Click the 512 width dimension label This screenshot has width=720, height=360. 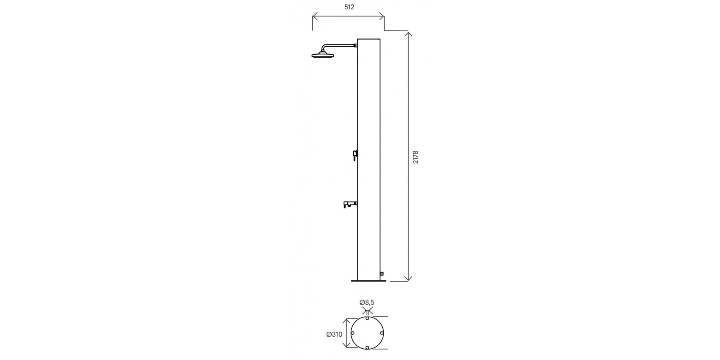point(349,7)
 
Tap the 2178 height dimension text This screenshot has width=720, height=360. point(416,157)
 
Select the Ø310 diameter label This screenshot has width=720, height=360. point(334,334)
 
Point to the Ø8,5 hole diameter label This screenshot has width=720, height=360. point(367,302)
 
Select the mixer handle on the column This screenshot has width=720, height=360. point(355,155)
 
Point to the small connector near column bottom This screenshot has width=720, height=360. point(382,274)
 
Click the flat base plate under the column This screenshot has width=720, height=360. point(368,281)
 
